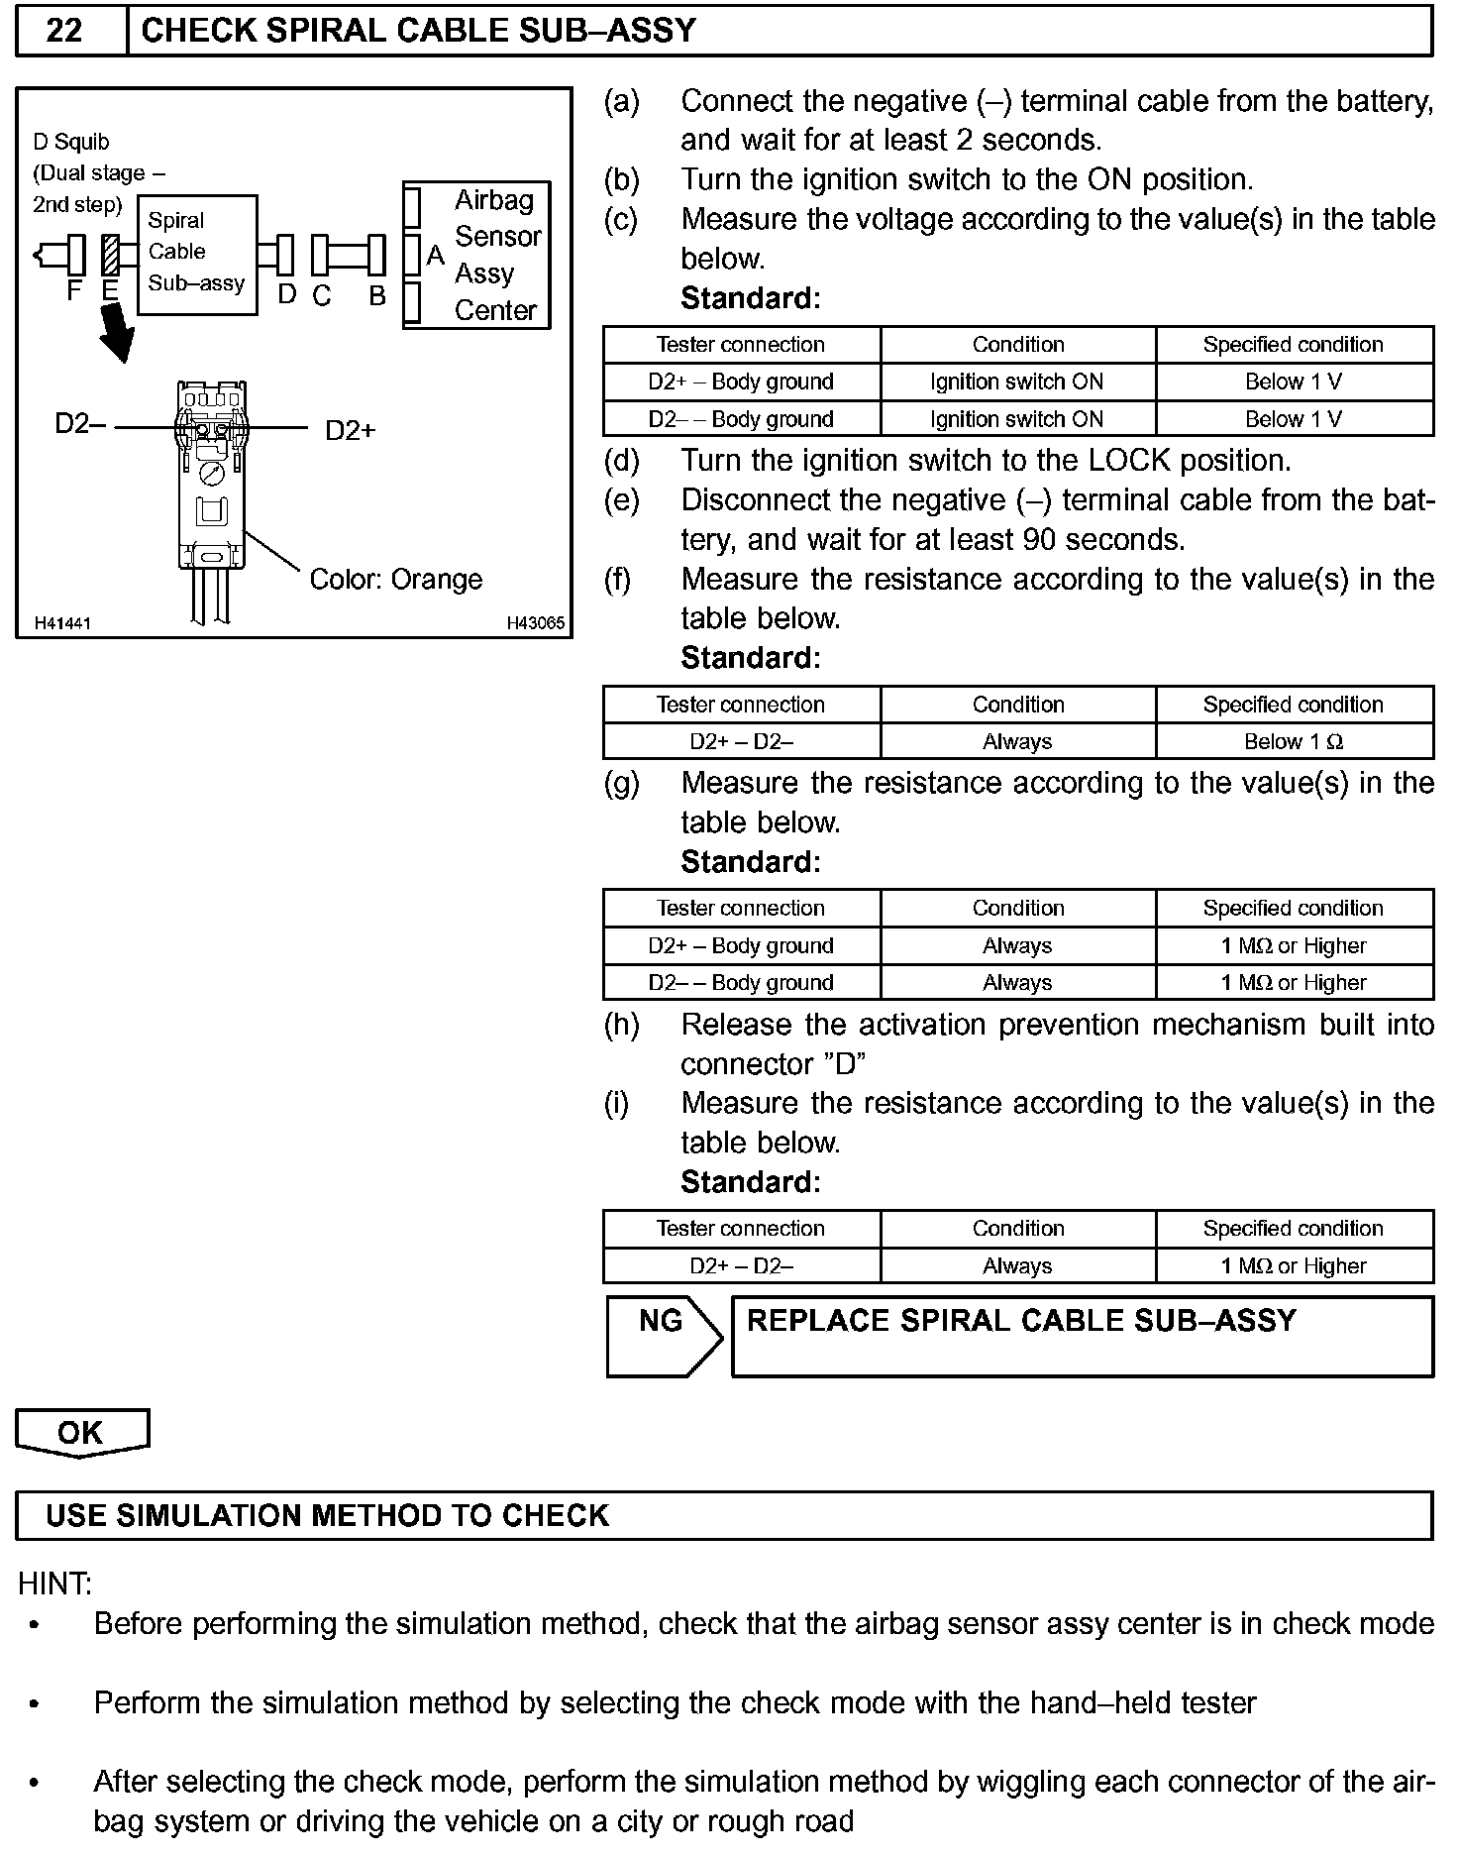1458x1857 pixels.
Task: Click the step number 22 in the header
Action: click(x=64, y=31)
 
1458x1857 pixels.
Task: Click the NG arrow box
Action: click(x=663, y=1335)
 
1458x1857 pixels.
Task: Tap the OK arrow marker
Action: click(x=81, y=1433)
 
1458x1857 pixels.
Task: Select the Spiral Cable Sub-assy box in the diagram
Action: click(x=197, y=254)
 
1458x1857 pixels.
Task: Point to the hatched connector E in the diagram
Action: click(x=111, y=255)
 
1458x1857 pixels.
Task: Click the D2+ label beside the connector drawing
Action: click(x=351, y=430)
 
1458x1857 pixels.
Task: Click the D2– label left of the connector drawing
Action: click(x=80, y=424)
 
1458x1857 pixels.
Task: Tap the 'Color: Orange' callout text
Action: click(x=396, y=579)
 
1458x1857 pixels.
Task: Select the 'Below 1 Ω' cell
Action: click(x=1294, y=741)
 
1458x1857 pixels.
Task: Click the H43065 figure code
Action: click(x=535, y=623)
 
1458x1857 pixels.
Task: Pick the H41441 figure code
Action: click(x=62, y=623)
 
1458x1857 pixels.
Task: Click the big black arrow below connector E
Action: click(x=117, y=332)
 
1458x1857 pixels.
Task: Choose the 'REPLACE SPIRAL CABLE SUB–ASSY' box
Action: click(x=1082, y=1336)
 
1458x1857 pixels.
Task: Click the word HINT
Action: click(x=54, y=1584)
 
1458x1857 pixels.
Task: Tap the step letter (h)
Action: click(x=622, y=1025)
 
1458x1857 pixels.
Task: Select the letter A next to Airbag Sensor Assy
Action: click(x=435, y=255)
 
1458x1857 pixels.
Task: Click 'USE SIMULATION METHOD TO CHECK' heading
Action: click(x=328, y=1516)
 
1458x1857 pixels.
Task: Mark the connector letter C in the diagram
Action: click(x=321, y=295)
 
